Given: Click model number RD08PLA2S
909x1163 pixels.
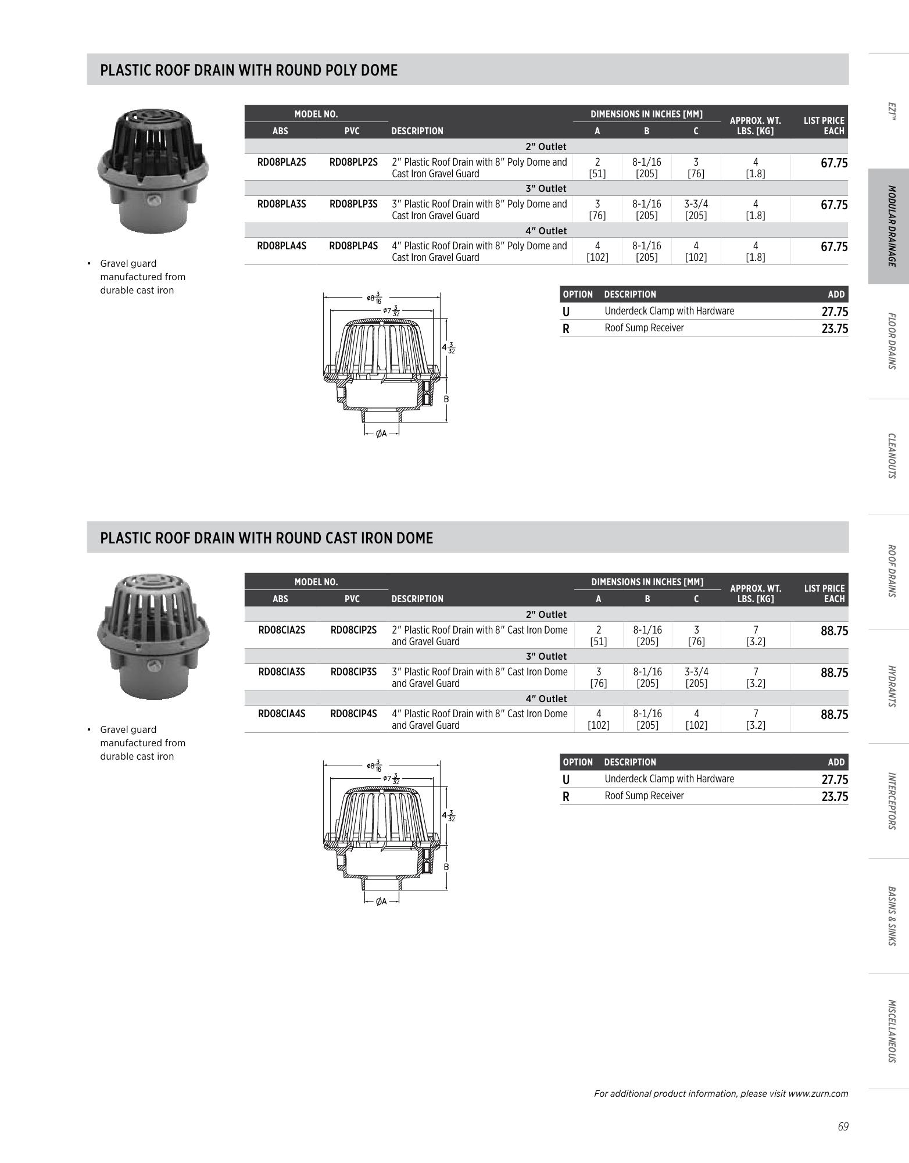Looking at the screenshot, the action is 281,162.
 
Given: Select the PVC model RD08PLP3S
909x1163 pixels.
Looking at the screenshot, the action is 353,204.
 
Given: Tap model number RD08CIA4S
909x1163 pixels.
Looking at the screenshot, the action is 281,714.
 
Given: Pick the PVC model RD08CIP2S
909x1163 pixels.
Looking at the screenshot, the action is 353,630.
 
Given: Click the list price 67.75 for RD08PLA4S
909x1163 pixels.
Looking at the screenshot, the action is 834,247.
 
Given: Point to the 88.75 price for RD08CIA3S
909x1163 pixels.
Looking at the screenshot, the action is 834,673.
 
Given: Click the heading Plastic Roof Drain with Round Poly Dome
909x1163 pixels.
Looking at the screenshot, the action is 249,70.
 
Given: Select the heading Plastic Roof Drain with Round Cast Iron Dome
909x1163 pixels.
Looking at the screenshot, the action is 267,538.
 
